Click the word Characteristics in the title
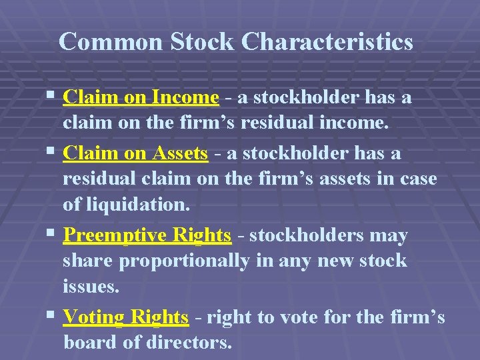click(327, 42)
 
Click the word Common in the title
click(111, 42)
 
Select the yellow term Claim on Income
click(141, 98)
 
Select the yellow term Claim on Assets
click(135, 153)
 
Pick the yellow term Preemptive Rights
click(147, 235)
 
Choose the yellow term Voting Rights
click(125, 317)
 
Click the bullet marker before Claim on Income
click(52, 97)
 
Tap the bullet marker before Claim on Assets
click(52, 153)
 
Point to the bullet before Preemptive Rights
click(52, 235)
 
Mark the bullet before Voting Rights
click(52, 317)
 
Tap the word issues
click(90, 287)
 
